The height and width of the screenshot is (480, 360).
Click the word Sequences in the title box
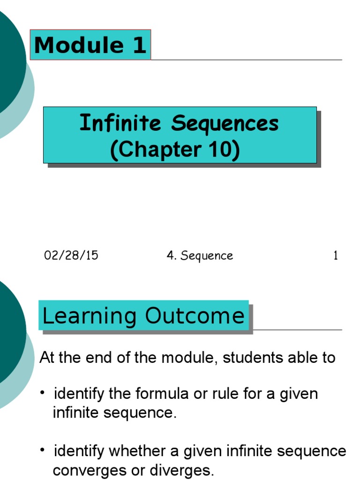tap(225, 124)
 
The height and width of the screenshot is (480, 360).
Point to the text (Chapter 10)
tap(175, 150)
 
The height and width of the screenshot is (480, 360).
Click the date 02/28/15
tap(71, 255)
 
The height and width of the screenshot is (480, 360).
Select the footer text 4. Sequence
tap(200, 256)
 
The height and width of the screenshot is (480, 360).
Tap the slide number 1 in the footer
tap(335, 256)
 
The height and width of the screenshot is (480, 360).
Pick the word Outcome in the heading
tap(195, 316)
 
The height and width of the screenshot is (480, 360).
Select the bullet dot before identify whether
tap(43, 450)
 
